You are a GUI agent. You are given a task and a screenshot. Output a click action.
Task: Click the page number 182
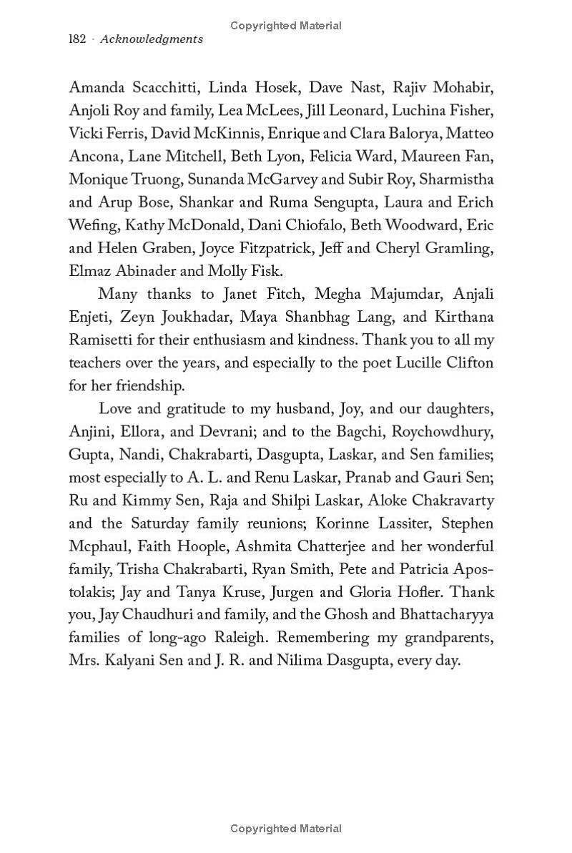click(x=77, y=39)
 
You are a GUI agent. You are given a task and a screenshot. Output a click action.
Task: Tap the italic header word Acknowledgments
click(x=152, y=39)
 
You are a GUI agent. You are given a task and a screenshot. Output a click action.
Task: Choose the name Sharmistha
click(x=457, y=179)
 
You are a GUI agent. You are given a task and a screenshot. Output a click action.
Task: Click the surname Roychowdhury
click(x=440, y=432)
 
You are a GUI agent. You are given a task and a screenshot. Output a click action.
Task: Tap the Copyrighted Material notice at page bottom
click(x=286, y=829)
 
